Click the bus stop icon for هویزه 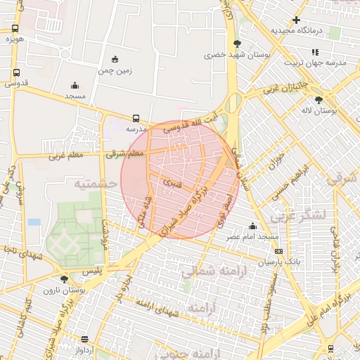tap(15, 29)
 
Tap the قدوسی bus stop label tap(15, 83)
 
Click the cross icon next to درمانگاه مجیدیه tap(296, 20)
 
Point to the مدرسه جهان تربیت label tap(316, 63)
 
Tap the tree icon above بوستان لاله tap(319, 100)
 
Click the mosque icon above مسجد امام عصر tap(252, 226)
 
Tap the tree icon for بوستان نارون tap(65, 279)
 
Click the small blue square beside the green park tap(34, 222)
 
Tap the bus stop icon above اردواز tap(85, 338)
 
